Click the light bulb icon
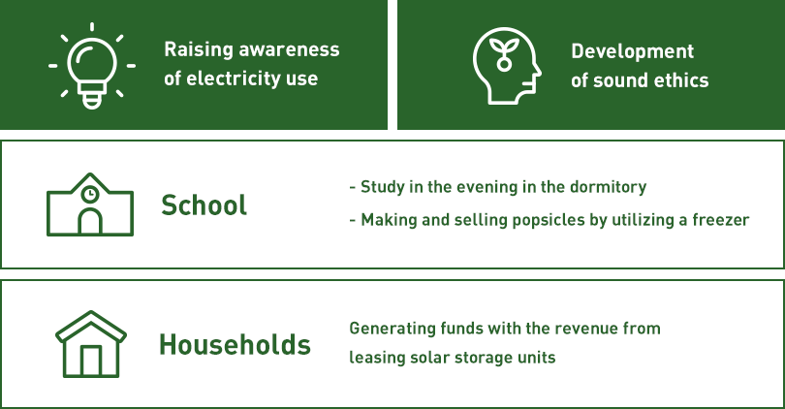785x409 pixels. (92, 66)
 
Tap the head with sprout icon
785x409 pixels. (507, 66)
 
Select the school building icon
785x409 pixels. (90, 204)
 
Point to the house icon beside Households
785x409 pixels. (91, 344)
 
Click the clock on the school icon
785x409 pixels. (89, 194)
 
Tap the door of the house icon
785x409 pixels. (91, 361)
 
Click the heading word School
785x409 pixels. (204, 205)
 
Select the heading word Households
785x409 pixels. (235, 345)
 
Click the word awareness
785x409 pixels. (289, 49)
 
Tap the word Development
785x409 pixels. (632, 52)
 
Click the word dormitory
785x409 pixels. (609, 187)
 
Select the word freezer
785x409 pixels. (721, 220)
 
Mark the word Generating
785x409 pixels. (392, 329)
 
